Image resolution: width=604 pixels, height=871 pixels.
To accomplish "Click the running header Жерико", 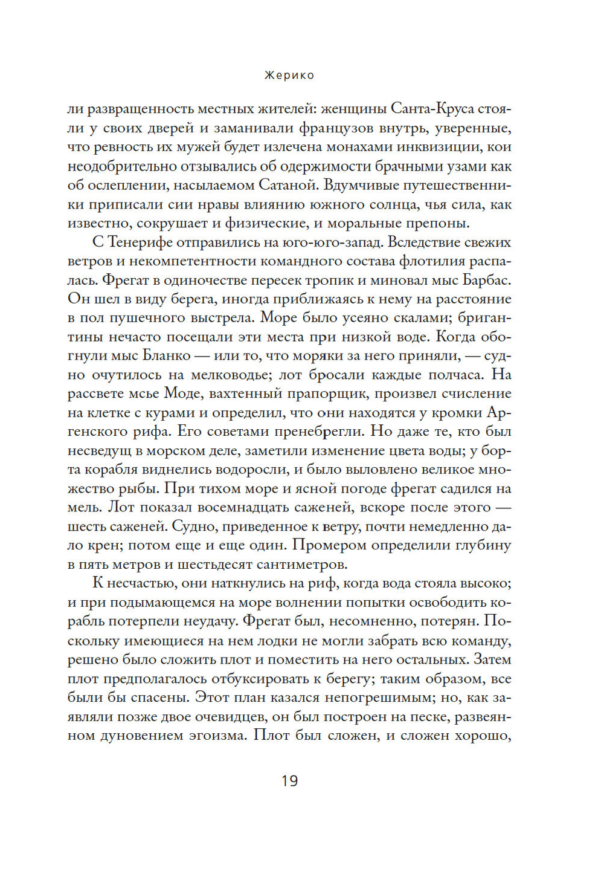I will pyautogui.click(x=289, y=76).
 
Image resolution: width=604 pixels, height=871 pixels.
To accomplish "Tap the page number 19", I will pyautogui.click(x=290, y=780).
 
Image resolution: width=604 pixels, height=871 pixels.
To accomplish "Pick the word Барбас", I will pyautogui.click(x=487, y=280).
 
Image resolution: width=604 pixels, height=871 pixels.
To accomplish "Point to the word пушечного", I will pyautogui.click(x=143, y=318).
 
